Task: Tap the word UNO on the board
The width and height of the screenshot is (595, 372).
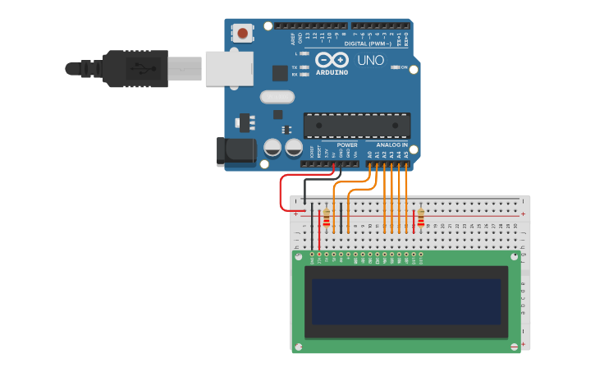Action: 370,60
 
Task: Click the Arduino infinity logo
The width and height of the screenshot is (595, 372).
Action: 332,60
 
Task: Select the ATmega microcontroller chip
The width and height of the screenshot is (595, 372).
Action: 356,126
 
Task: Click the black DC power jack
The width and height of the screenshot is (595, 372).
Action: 231,152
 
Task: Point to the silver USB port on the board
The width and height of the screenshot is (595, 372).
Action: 229,68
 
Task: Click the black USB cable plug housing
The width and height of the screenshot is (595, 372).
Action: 136,68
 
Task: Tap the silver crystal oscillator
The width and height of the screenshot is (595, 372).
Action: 277,97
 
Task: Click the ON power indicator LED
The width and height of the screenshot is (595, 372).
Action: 395,67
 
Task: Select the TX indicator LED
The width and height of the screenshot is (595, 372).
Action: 304,67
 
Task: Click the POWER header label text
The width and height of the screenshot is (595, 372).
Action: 346,145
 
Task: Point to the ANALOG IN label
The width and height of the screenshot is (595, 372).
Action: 391,145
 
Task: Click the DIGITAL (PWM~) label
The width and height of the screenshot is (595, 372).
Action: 367,44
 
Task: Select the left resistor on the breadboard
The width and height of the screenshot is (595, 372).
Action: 327,218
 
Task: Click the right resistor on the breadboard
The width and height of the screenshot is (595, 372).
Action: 421,218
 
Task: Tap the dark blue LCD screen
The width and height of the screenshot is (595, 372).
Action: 406,301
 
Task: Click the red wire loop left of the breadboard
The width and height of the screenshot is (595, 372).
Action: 281,193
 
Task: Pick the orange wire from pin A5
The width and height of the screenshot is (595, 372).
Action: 406,197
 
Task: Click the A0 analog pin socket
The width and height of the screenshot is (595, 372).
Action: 369,163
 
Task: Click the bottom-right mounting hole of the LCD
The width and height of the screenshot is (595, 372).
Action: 515,347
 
